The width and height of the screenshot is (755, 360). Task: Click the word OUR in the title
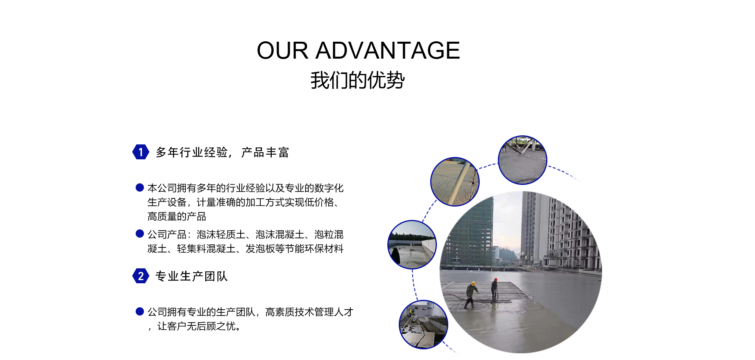[282, 50]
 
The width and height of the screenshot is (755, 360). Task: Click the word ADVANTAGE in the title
[388, 50]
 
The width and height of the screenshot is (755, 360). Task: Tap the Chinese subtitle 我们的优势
[357, 80]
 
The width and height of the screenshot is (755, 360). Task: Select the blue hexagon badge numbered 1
[141, 152]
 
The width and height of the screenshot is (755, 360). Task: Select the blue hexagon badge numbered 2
[141, 276]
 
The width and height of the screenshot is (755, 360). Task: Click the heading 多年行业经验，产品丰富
[223, 152]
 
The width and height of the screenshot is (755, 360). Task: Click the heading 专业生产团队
[192, 276]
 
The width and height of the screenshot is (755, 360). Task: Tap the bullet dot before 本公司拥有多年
[140, 187]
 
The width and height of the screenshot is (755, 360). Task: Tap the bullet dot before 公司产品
[140, 234]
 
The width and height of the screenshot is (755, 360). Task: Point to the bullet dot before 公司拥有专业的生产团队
[140, 312]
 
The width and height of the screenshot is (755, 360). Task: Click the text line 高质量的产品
[177, 216]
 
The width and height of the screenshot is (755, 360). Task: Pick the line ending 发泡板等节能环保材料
[245, 249]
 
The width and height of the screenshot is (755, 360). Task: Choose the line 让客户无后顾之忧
[194, 326]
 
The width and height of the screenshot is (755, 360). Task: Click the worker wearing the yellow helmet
[471, 295]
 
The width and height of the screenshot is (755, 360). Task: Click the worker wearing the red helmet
[494, 290]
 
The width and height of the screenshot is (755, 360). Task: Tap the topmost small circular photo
[523, 160]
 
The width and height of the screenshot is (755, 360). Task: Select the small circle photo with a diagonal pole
[455, 182]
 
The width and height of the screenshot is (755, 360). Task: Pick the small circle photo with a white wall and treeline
[412, 245]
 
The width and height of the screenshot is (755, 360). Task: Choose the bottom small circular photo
[424, 325]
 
